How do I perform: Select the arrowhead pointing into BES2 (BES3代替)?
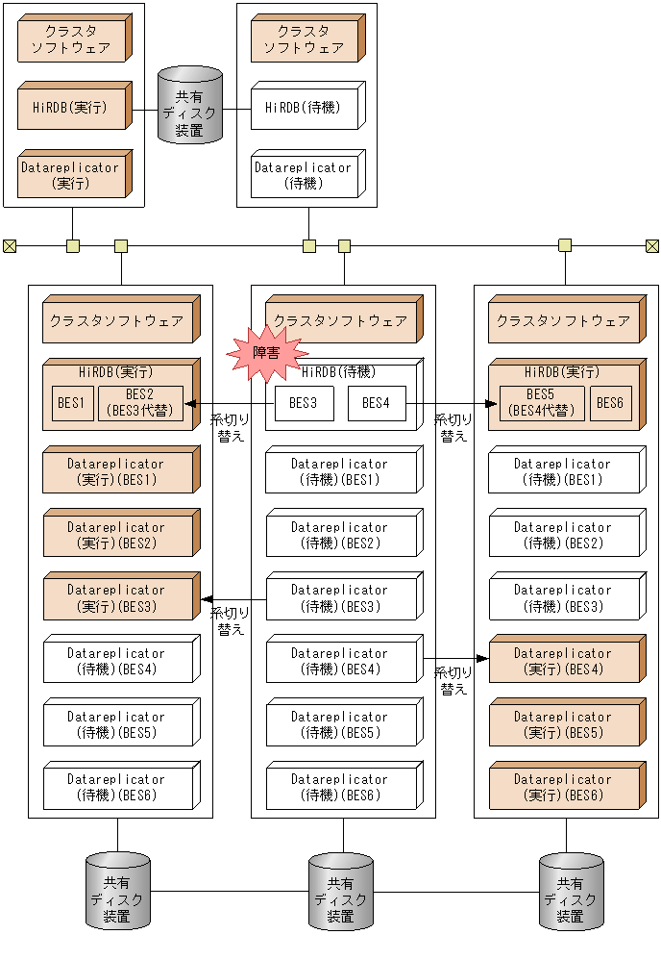click(189, 404)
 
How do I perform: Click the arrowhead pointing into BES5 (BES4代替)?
click(492, 404)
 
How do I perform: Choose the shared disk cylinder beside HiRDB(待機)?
click(190, 105)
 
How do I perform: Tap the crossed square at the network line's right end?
click(652, 246)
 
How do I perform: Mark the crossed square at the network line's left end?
click(10, 246)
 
